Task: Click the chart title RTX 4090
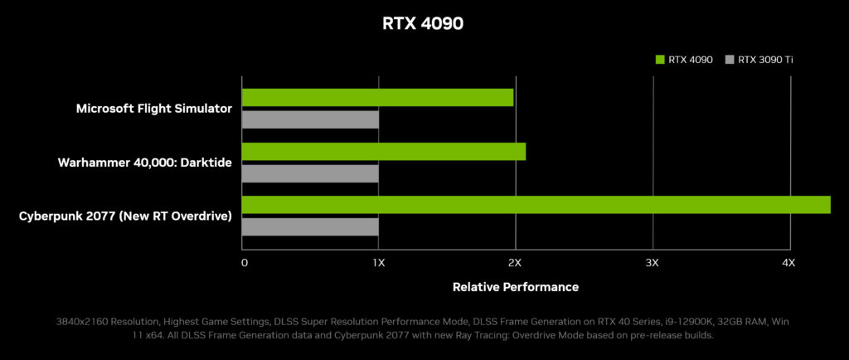[423, 23]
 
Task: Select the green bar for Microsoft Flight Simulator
[377, 98]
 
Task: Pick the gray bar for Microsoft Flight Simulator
[310, 119]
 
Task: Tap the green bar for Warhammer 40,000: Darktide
[383, 152]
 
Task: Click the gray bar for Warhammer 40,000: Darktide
[310, 173]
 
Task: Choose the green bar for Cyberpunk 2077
[536, 205]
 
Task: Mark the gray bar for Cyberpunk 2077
[310, 226]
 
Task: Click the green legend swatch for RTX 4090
[660, 59]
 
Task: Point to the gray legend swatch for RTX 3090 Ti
[730, 59]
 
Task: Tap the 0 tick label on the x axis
[244, 263]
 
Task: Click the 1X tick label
[378, 263]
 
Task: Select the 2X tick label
[515, 263]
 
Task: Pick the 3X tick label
[652, 263]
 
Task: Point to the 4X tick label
[788, 263]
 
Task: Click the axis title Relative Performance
[516, 287]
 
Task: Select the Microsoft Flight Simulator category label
[153, 109]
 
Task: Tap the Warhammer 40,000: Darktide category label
[144, 163]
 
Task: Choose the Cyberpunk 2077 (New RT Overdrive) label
[125, 216]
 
